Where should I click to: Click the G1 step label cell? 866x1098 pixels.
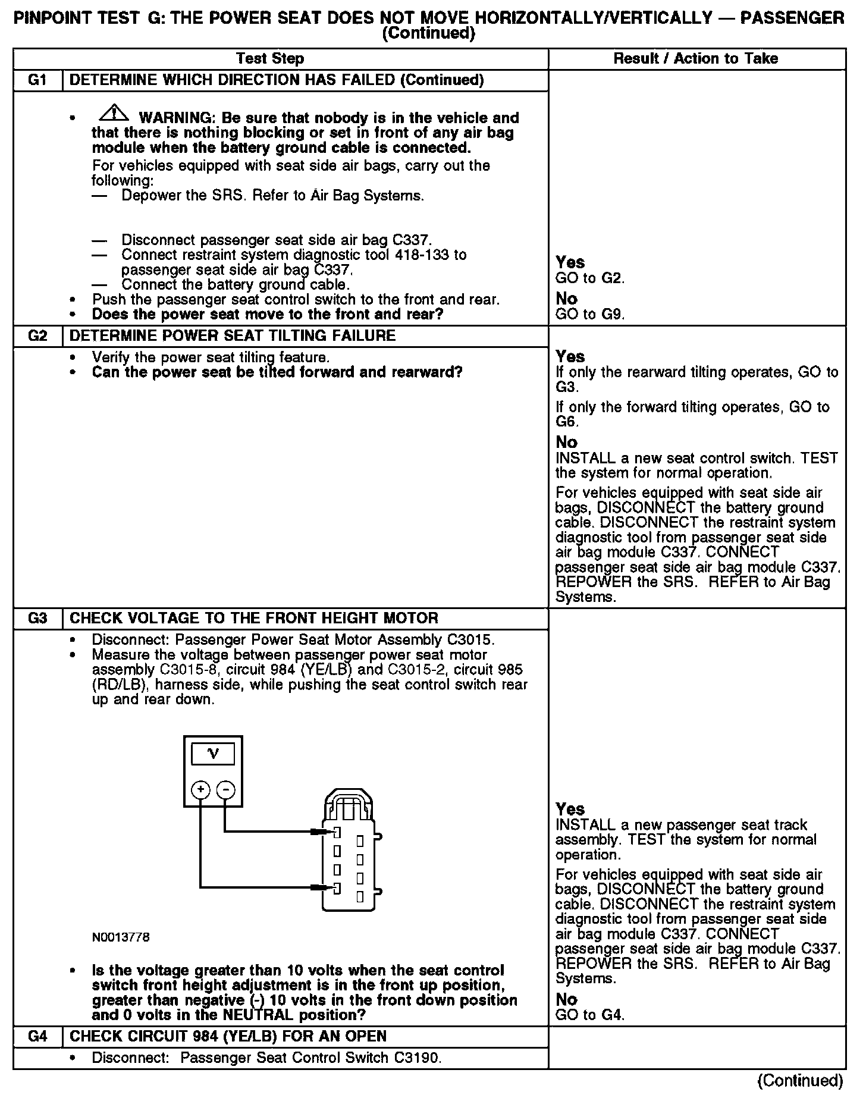coord(37,80)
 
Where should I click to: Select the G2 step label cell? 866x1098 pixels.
coord(37,336)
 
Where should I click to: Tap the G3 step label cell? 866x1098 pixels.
coord(37,619)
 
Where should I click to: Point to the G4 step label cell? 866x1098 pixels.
coord(37,1037)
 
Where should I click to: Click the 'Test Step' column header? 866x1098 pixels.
coord(270,59)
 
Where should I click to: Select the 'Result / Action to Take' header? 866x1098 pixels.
coord(696,59)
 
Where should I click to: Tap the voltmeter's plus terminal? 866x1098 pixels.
coord(201,790)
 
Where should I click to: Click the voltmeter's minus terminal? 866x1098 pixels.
coord(225,790)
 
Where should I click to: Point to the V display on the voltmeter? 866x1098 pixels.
coord(212,755)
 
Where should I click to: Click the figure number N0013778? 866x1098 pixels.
coord(121,937)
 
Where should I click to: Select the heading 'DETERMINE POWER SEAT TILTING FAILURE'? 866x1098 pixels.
coord(233,336)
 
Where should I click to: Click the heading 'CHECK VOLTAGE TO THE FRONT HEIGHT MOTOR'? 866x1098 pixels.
coord(254,619)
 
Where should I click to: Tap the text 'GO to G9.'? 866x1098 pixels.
coord(589,314)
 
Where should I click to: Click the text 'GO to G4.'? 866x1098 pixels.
coord(589,1015)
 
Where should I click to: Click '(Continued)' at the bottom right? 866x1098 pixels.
coord(801,1080)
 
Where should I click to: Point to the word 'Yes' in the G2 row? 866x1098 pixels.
coord(570,356)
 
